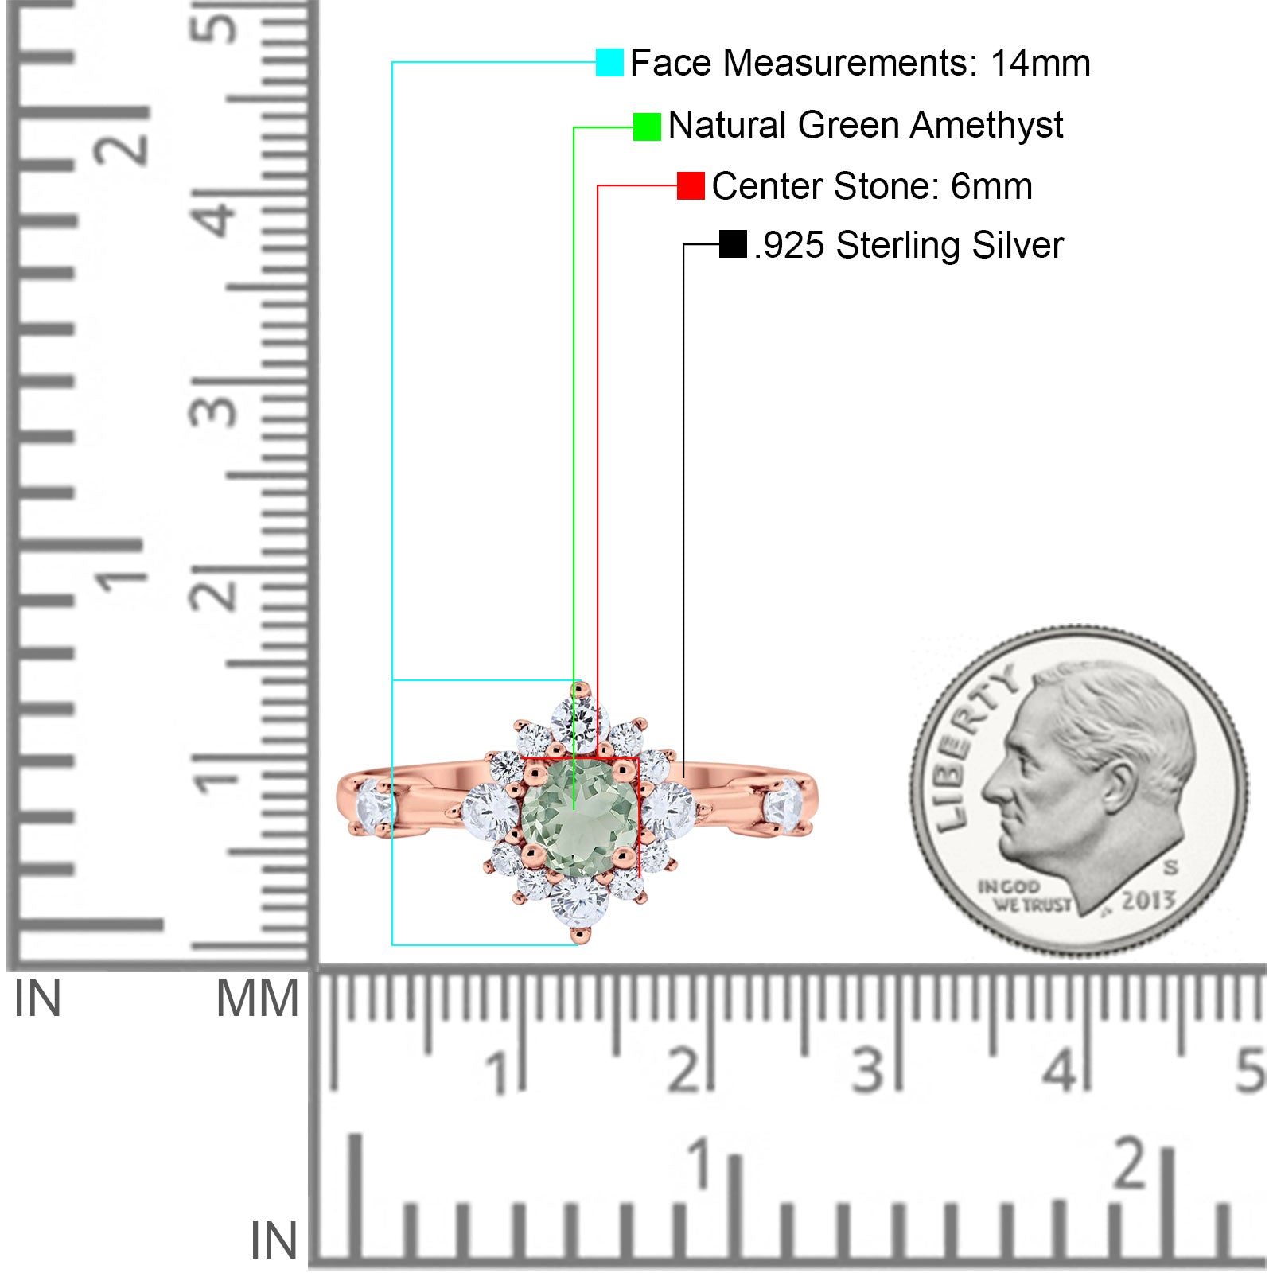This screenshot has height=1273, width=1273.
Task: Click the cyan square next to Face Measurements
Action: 609,62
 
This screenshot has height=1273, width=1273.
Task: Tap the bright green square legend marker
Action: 647,127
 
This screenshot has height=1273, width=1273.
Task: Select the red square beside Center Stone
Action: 691,186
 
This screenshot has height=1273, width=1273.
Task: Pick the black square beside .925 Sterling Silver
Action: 733,244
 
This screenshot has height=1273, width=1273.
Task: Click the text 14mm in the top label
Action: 1040,63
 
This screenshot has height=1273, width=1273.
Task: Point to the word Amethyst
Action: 987,125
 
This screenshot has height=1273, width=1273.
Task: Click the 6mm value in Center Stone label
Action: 991,186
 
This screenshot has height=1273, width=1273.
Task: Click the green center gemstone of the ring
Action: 580,817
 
